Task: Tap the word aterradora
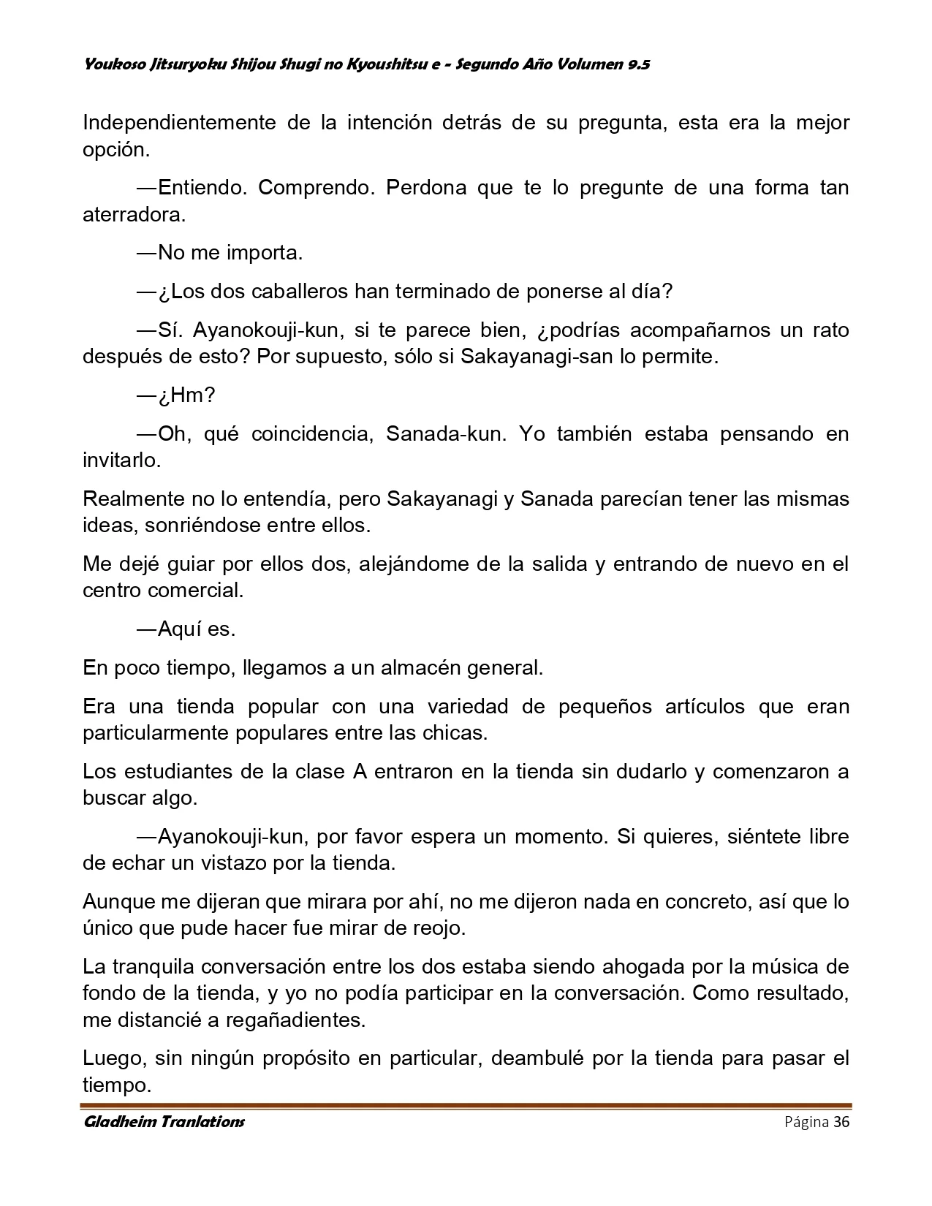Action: click(x=133, y=215)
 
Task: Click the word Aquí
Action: click(x=183, y=629)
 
